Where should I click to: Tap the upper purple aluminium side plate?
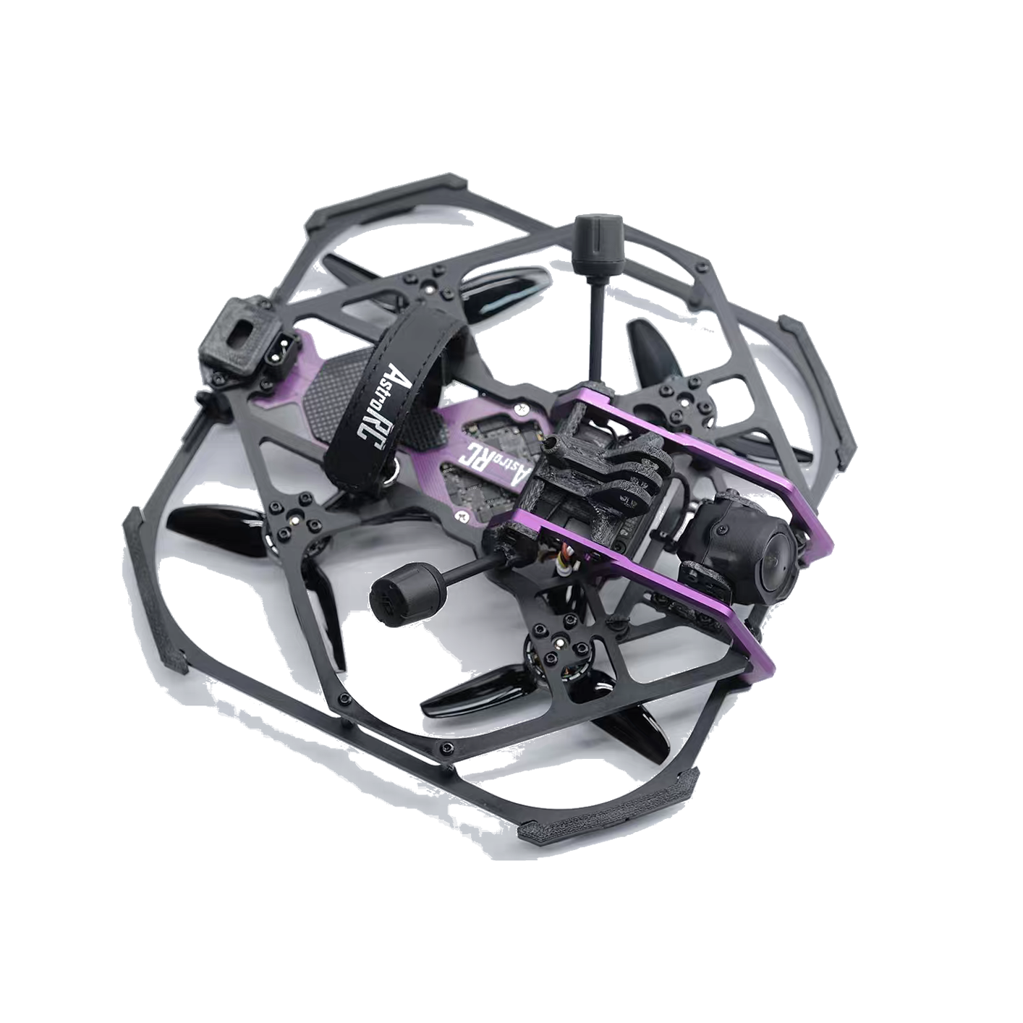pyautogui.click(x=706, y=451)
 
